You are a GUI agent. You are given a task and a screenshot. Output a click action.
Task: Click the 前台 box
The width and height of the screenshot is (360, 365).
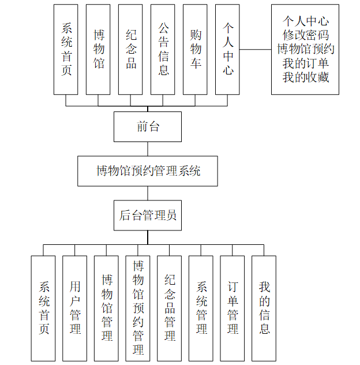click(x=148, y=126)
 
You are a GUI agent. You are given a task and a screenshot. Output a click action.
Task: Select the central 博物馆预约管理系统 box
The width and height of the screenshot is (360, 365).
click(x=148, y=171)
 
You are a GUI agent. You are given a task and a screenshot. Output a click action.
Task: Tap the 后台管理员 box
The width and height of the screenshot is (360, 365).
click(x=148, y=215)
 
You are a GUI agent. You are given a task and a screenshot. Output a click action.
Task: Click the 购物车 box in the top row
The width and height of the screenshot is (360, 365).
click(x=196, y=50)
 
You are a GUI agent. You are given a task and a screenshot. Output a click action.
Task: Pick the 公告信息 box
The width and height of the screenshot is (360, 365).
click(x=163, y=50)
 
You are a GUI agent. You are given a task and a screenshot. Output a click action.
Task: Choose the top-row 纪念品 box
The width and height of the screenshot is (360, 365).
click(x=131, y=50)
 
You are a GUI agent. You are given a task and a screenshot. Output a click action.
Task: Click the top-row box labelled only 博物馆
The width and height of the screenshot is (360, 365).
click(x=99, y=50)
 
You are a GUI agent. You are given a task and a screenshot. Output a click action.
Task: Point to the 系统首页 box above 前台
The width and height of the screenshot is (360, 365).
click(x=66, y=50)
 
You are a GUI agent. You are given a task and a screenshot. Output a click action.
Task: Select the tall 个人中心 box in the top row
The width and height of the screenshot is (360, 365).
click(x=228, y=50)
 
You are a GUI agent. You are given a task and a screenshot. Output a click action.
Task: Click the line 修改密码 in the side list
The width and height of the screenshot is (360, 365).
click(x=305, y=35)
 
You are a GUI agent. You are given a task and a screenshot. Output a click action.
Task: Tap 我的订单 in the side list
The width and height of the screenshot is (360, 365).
click(x=305, y=63)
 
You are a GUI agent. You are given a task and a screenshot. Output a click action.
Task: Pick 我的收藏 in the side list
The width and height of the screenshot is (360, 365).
click(x=305, y=77)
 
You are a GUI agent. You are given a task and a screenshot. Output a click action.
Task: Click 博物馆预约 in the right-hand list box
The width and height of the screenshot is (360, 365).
click(x=305, y=49)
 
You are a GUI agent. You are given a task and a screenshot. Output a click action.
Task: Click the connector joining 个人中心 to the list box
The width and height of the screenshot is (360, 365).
click(x=255, y=50)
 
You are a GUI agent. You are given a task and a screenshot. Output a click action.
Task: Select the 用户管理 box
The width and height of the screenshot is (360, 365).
click(x=75, y=308)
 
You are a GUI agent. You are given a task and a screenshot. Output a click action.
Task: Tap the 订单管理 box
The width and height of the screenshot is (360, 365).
click(x=232, y=308)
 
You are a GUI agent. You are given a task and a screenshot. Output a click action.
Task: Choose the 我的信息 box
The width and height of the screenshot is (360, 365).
click(x=264, y=308)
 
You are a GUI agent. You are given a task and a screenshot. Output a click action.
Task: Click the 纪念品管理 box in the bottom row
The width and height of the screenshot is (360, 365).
click(x=170, y=308)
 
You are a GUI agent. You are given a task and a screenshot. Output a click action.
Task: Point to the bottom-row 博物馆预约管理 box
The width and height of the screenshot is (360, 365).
click(x=138, y=308)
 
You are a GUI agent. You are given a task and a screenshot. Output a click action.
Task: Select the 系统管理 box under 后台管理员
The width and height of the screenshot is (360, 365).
click(x=201, y=308)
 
